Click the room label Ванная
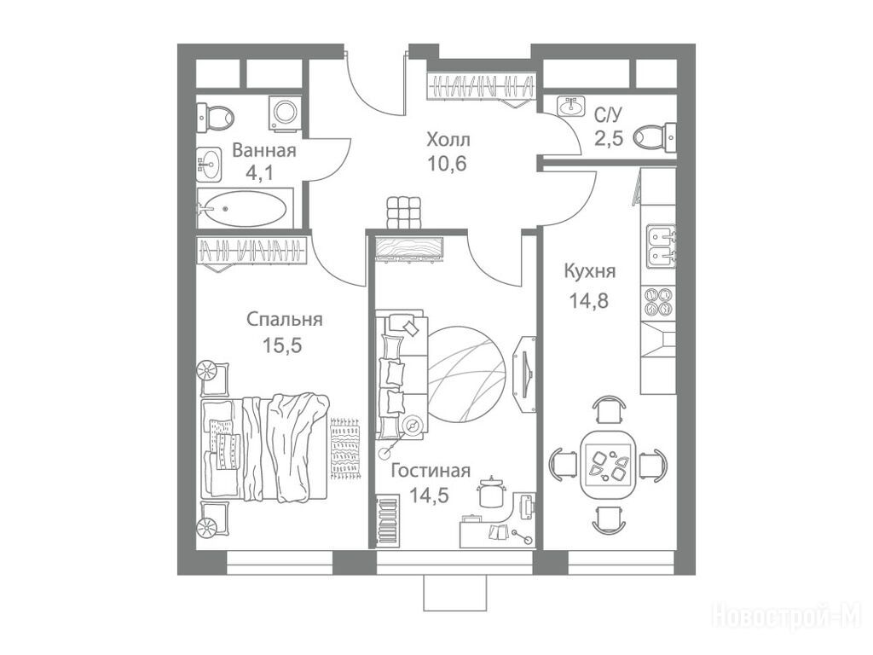click(x=264, y=150)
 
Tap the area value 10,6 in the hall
click(x=447, y=164)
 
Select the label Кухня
click(x=590, y=272)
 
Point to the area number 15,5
click(x=282, y=345)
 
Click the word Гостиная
click(x=431, y=471)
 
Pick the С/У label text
click(x=607, y=115)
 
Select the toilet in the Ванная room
click(x=216, y=118)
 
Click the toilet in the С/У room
click(x=656, y=136)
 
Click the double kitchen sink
click(x=661, y=246)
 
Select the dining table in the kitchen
click(x=607, y=465)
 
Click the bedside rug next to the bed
click(x=346, y=449)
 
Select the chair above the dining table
click(x=607, y=409)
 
